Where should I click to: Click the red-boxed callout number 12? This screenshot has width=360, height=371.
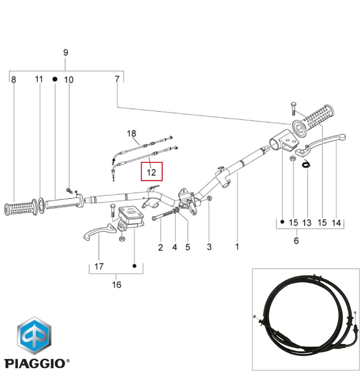(x=151, y=172)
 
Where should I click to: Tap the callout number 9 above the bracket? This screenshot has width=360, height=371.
(x=66, y=52)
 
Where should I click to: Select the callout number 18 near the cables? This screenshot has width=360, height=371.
(x=131, y=133)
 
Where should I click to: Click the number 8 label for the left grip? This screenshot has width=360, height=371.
(x=13, y=79)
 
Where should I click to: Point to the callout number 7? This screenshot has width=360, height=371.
(x=117, y=79)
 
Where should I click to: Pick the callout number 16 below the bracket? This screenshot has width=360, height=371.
(x=117, y=284)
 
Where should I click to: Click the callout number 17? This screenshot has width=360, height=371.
(x=99, y=266)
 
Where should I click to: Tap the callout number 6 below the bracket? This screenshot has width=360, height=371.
(x=296, y=241)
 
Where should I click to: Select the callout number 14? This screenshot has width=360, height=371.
(x=336, y=223)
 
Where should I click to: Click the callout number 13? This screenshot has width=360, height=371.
(x=307, y=223)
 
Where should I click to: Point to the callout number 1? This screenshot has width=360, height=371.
(x=237, y=247)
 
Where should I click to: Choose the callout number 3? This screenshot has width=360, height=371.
(x=209, y=247)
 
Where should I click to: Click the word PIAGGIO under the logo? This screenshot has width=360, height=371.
(x=34, y=364)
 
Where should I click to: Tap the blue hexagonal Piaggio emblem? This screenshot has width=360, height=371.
(x=34, y=336)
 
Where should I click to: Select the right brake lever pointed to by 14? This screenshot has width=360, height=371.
(x=321, y=145)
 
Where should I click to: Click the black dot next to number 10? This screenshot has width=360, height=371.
(x=55, y=79)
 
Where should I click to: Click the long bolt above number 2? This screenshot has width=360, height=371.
(x=164, y=215)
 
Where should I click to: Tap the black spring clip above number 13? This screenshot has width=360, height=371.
(x=307, y=164)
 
